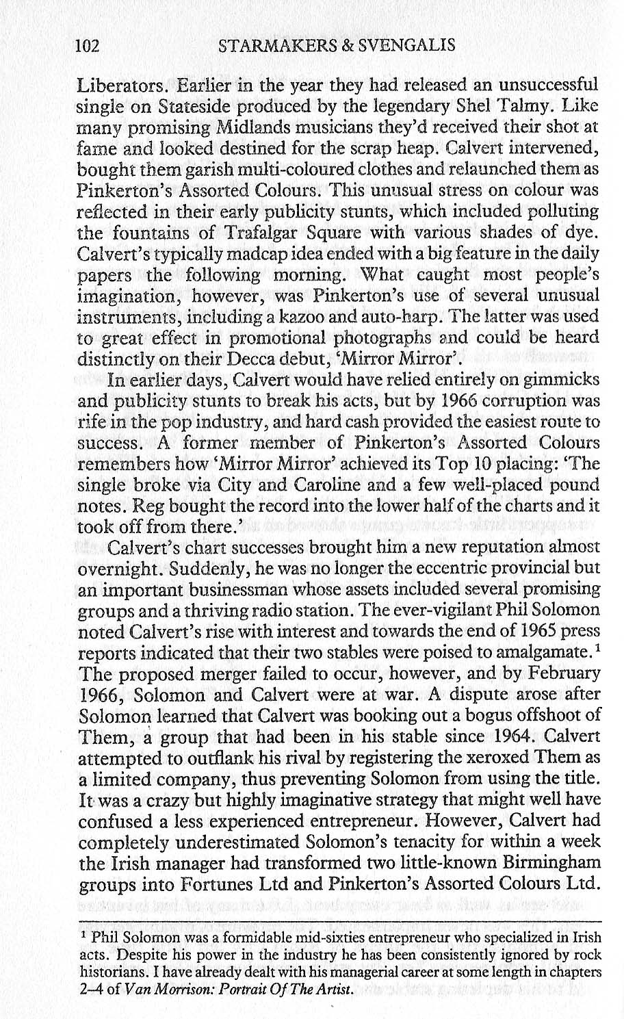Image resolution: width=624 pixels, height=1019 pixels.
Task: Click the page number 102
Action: click(x=88, y=46)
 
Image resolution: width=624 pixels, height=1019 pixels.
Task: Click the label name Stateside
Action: click(x=188, y=107)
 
